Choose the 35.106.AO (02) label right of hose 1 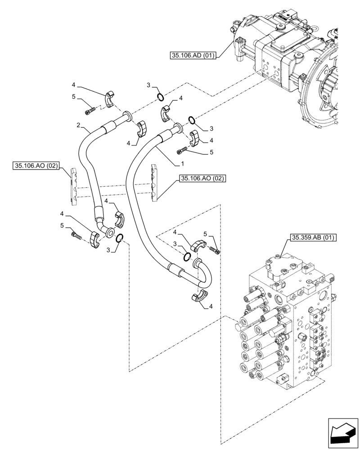tap(202, 179)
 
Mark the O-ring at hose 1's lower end tap(186, 257)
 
